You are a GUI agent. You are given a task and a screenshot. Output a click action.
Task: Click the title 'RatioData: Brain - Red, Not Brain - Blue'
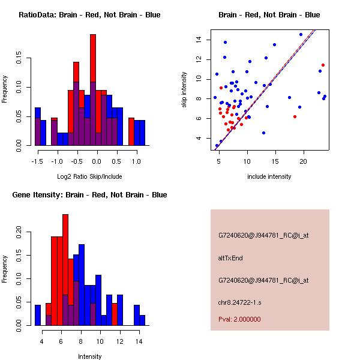tap(89, 14)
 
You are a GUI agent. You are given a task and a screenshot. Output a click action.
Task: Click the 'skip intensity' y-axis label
tap(185, 90)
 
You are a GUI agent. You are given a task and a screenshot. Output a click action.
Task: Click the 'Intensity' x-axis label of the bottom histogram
tap(89, 356)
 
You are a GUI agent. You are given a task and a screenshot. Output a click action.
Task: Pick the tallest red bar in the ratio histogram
tap(93, 90)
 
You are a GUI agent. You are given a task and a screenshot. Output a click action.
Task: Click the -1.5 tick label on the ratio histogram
tap(38, 161)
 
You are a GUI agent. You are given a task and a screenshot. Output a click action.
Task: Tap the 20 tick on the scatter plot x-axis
tap(304, 161)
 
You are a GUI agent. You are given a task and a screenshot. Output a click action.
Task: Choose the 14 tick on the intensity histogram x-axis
tap(139, 341)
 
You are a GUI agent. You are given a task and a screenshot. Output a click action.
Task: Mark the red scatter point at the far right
tap(323, 65)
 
